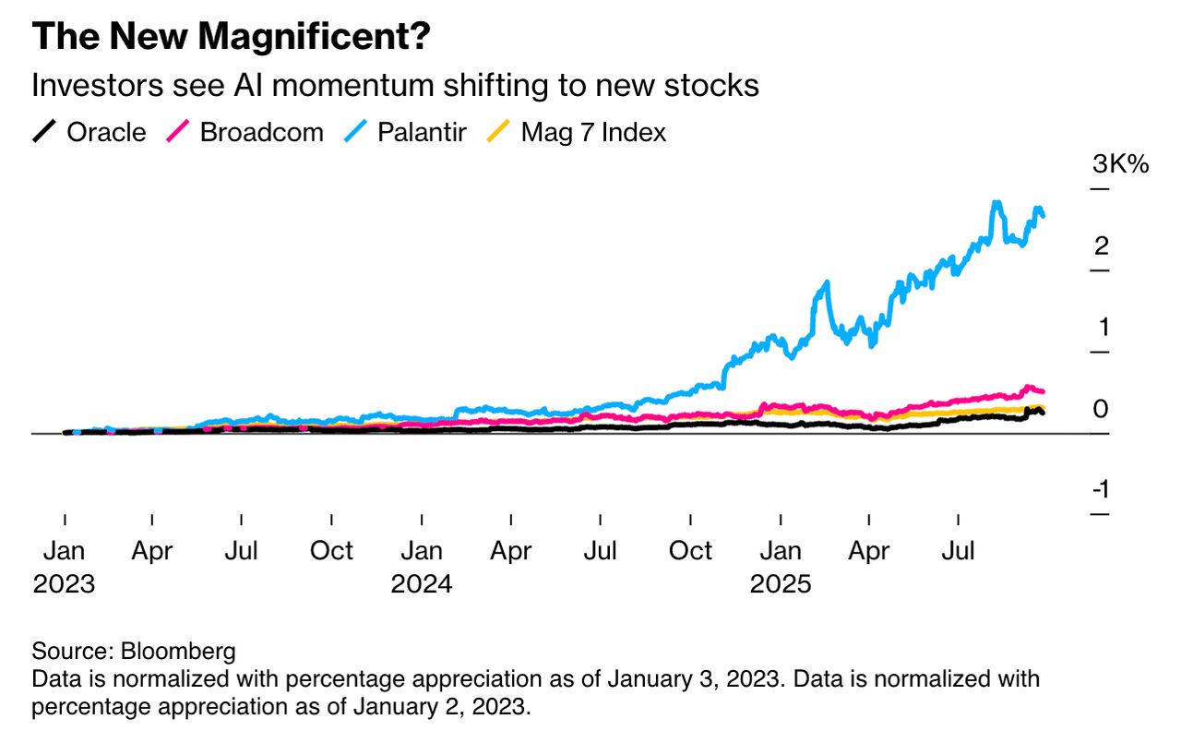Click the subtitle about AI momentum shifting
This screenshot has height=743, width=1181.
click(x=395, y=86)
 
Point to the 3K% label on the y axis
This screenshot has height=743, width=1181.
click(x=1120, y=165)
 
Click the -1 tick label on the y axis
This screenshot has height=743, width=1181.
click(x=1101, y=490)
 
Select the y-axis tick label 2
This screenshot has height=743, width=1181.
click(x=1101, y=246)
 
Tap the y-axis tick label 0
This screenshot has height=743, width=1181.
click(x=1101, y=409)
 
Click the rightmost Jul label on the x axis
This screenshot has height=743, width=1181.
click(x=958, y=551)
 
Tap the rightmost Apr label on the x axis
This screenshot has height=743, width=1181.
click(x=868, y=551)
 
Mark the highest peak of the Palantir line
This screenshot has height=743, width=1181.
click(x=996, y=202)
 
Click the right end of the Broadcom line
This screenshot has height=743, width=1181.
click(x=1043, y=392)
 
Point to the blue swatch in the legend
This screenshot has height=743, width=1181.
click(x=357, y=132)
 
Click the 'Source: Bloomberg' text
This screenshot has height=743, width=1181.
click(x=134, y=651)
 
